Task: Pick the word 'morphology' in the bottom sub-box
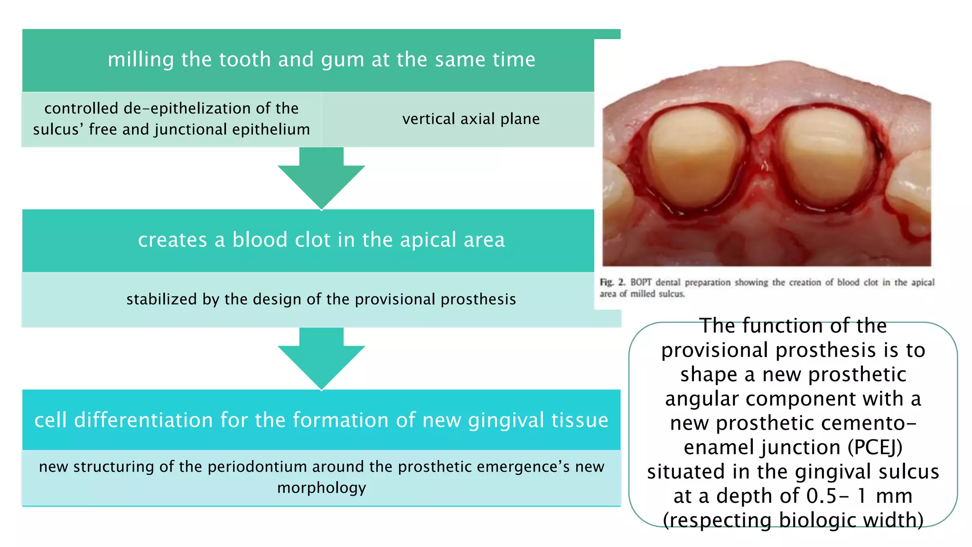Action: [x=321, y=488]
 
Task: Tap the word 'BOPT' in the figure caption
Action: [x=641, y=283]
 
